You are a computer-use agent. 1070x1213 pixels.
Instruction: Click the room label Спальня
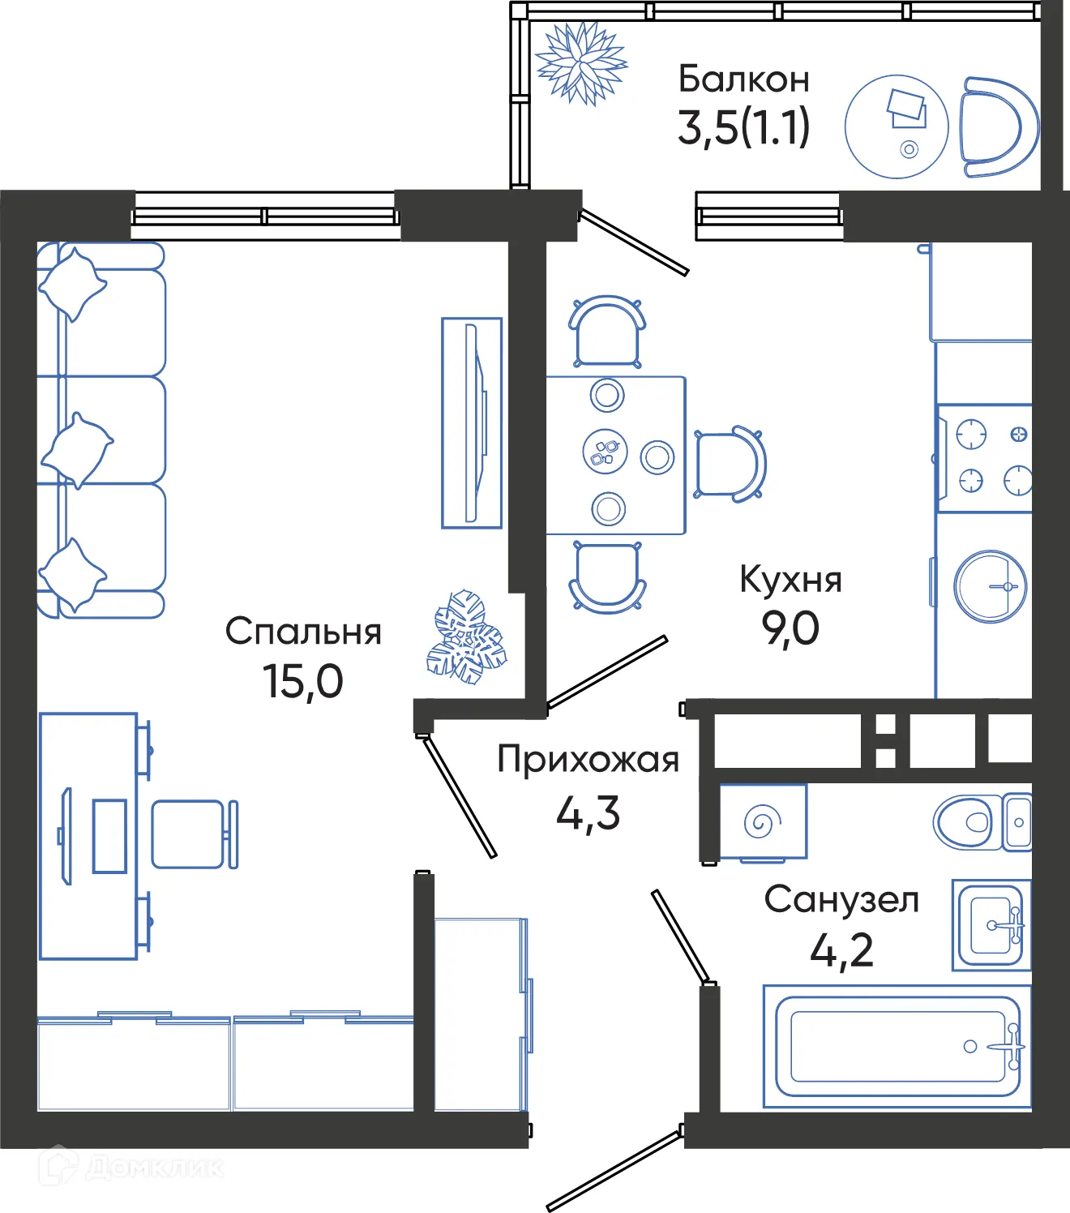coord(302,632)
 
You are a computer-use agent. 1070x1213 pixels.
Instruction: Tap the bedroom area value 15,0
coord(302,681)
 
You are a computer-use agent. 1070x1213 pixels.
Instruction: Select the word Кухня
coord(790,580)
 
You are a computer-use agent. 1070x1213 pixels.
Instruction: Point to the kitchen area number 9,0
coord(790,628)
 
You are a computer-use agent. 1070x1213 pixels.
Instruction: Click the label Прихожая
coord(588,760)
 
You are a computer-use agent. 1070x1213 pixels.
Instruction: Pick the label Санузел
coord(841,899)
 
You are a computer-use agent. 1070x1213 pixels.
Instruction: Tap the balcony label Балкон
coord(743,79)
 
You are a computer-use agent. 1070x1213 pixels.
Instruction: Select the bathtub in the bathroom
coord(897,1046)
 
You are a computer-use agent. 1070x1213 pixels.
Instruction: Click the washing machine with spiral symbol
coord(762,822)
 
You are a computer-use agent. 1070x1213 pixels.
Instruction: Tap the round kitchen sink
coord(990,586)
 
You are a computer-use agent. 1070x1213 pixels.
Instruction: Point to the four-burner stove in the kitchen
coord(985,458)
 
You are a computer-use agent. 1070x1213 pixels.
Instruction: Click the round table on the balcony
coord(896,126)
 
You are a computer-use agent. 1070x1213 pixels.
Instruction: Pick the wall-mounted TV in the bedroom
coord(472,422)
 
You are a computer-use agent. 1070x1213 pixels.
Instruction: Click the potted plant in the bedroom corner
coord(465,637)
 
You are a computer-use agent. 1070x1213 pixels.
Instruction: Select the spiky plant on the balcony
coord(580,63)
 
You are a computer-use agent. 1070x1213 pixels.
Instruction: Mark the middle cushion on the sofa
coord(77,450)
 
